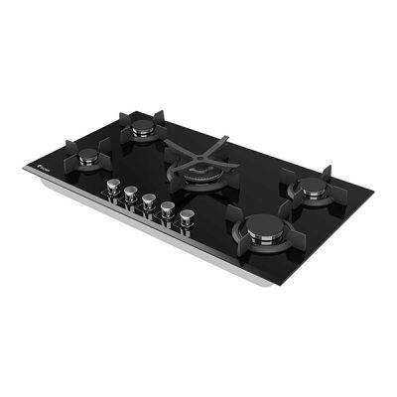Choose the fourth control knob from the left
tap(168, 207)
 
